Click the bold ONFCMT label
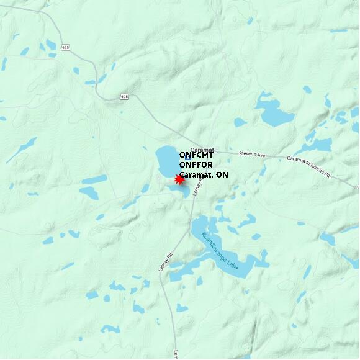[x=196, y=155]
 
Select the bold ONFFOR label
[x=196, y=165]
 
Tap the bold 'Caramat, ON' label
[x=204, y=175]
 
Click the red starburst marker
[x=179, y=179]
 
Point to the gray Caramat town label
[x=202, y=150]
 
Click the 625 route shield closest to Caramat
[x=125, y=97]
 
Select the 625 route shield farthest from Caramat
[x=66, y=48]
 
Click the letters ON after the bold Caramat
[x=222, y=175]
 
